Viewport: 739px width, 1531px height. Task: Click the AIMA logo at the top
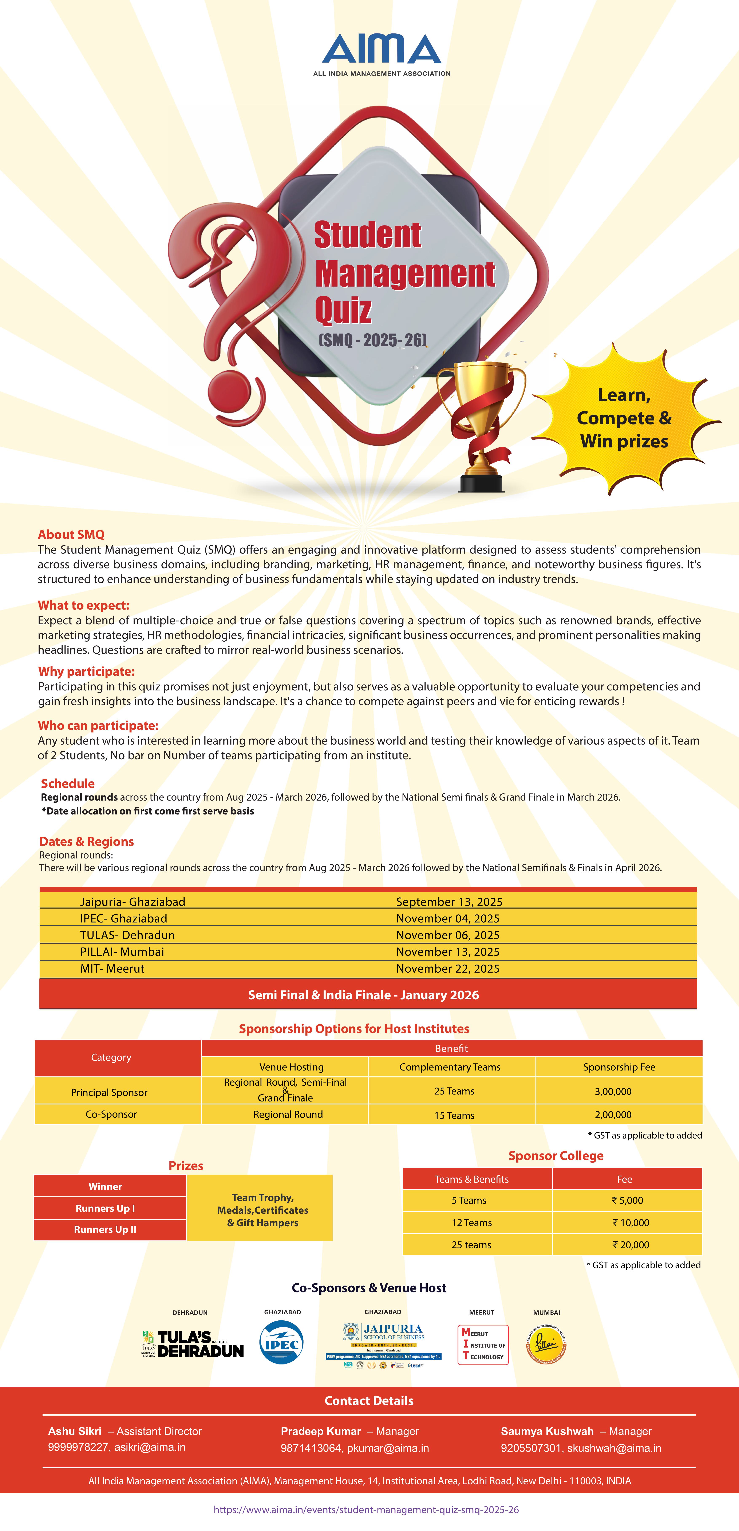pos(382,53)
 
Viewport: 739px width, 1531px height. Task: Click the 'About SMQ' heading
pos(71,534)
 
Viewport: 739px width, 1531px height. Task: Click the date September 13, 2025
pos(449,902)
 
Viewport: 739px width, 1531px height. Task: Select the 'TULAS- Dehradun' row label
pos(127,935)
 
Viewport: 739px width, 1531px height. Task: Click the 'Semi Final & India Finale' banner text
pos(363,995)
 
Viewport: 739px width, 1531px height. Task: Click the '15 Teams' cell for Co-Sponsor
pos(454,1115)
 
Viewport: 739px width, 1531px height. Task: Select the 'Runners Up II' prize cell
pos(105,1229)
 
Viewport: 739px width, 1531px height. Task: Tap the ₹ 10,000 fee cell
pos(631,1223)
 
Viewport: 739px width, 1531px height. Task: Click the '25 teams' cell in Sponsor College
pos(471,1245)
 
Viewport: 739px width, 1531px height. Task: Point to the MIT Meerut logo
pos(483,1344)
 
